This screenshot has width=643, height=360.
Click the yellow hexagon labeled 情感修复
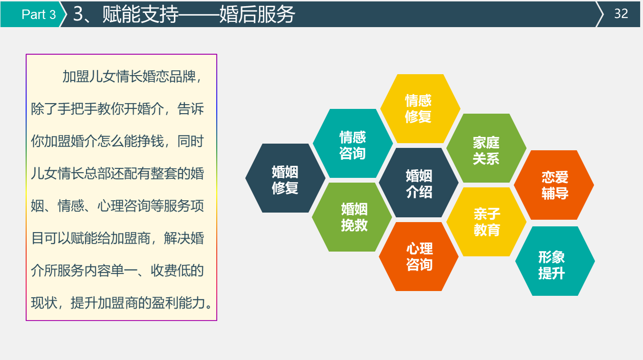(420, 108)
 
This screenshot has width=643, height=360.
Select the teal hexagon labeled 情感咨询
(353, 143)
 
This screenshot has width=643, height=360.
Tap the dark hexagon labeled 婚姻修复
(285, 178)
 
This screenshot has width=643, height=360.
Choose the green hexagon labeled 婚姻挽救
(352, 217)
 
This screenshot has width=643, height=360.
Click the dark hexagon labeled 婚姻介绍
(419, 183)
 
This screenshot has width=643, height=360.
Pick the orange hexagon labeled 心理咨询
(419, 257)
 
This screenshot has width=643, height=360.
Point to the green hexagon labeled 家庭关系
(486, 148)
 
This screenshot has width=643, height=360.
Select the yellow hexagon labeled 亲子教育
(486, 222)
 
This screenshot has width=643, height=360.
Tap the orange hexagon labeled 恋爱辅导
(554, 185)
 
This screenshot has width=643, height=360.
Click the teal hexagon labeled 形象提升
(555, 261)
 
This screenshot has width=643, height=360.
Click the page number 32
(621, 14)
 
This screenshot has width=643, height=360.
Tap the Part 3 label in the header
(38, 14)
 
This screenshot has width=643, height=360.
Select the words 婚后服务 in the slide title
(257, 14)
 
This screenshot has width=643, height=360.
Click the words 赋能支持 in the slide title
(140, 14)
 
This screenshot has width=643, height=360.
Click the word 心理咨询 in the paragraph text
(124, 206)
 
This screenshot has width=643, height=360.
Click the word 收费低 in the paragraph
(171, 271)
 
